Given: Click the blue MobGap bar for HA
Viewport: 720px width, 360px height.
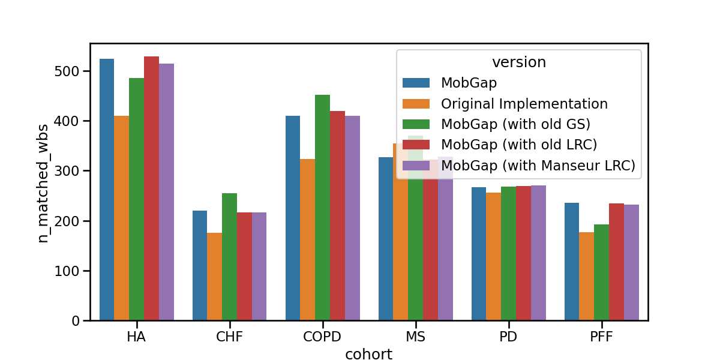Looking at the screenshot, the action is click(x=107, y=190).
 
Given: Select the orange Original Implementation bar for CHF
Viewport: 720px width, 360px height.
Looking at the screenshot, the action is click(x=214, y=277).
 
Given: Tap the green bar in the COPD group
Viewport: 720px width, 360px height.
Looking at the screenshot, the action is click(x=322, y=208).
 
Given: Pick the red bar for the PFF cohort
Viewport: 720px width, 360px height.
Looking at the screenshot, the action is click(x=617, y=262).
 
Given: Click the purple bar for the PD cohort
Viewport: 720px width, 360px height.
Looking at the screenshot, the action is click(x=538, y=253).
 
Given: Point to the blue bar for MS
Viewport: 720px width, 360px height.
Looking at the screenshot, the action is click(x=386, y=239).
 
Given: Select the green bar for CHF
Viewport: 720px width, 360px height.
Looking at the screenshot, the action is click(x=229, y=257).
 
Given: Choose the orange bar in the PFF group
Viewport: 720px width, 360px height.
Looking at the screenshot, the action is click(x=587, y=277).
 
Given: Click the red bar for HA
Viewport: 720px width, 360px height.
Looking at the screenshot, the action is click(x=151, y=188).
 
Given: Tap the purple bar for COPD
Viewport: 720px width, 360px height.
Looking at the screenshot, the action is click(x=352, y=218).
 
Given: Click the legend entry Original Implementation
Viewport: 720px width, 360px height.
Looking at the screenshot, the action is click(x=524, y=104).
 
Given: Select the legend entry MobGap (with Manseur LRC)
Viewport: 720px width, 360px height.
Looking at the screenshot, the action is click(x=538, y=166).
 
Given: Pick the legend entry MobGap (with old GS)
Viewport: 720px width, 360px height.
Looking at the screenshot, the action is click(x=515, y=124).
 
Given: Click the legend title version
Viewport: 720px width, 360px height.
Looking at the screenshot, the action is click(x=519, y=62).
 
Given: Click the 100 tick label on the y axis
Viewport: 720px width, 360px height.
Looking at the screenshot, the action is click(x=67, y=271).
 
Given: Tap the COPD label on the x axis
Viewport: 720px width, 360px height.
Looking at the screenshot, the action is click(x=322, y=337).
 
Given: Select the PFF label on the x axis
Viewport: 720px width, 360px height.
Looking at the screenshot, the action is click(x=601, y=337).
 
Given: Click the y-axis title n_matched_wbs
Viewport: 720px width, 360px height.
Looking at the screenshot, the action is click(x=43, y=183).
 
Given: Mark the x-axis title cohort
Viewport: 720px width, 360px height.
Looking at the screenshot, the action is click(x=368, y=354).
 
